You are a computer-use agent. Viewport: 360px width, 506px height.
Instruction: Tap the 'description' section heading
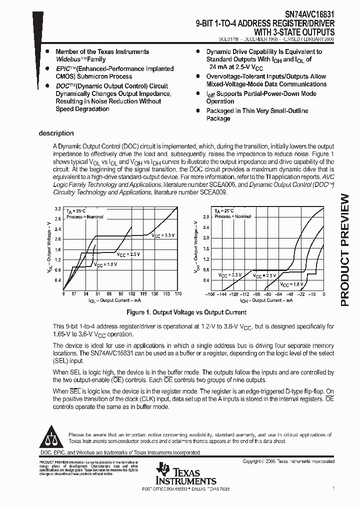click(56, 133)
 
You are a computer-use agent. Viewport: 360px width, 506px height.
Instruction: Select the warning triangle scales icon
click(49, 437)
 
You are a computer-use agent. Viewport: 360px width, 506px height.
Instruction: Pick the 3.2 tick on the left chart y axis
click(57, 208)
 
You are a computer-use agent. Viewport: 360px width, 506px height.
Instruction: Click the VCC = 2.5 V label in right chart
click(264, 275)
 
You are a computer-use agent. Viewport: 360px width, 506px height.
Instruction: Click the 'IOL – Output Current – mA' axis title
click(115, 301)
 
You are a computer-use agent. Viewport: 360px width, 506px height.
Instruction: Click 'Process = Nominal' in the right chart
click(233, 216)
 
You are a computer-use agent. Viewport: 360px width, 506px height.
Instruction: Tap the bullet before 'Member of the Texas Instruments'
click(47, 51)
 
